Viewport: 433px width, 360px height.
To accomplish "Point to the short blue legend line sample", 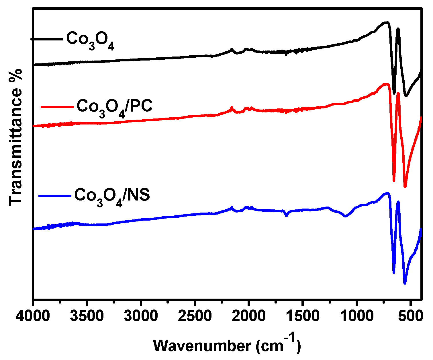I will pos(55,196).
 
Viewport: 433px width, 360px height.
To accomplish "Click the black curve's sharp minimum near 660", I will pos(394,93).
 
